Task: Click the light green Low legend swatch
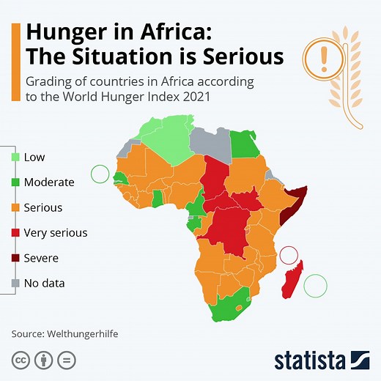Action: pyautogui.click(x=15, y=157)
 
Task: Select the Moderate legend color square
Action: pyautogui.click(x=15, y=182)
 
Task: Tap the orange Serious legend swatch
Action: pyautogui.click(x=15, y=208)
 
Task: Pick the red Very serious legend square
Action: pyautogui.click(x=15, y=233)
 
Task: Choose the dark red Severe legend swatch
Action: pyautogui.click(x=15, y=259)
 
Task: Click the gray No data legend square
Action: pyautogui.click(x=15, y=284)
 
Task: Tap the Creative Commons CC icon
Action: pyautogui.click(x=20, y=360)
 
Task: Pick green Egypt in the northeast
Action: pyautogui.click(x=245, y=144)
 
